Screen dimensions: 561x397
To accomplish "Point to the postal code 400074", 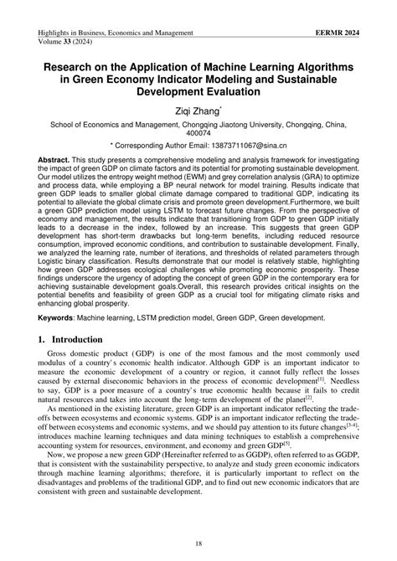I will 198,132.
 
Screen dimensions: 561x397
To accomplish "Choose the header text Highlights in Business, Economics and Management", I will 116,31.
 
